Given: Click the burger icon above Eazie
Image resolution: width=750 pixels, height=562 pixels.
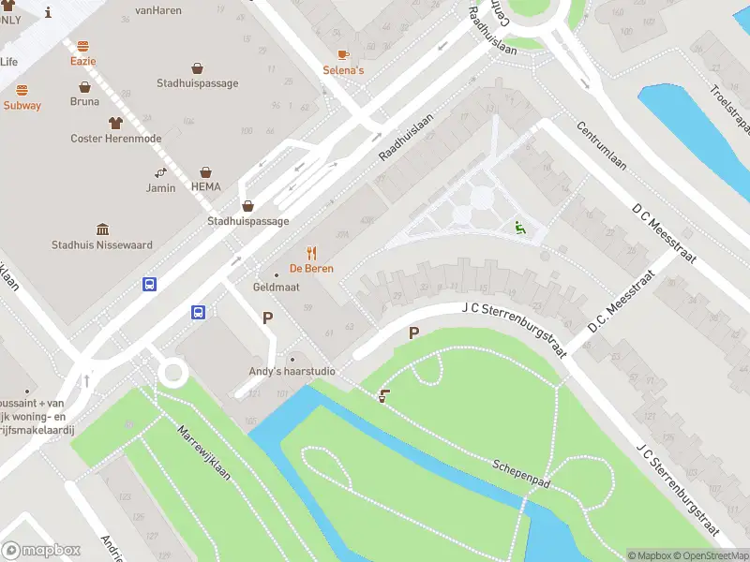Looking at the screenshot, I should [82, 45].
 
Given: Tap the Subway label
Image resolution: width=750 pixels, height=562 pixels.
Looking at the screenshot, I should [22, 106].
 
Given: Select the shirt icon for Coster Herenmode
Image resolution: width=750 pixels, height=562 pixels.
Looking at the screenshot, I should [115, 123].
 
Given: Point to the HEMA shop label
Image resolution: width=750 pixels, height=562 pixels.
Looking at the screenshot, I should [205, 186].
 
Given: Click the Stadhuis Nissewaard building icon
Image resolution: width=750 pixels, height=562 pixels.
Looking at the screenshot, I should [102, 229].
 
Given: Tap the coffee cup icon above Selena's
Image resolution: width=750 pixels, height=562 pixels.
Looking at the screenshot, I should [343, 54].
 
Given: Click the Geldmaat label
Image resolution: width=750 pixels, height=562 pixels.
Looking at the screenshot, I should [277, 287].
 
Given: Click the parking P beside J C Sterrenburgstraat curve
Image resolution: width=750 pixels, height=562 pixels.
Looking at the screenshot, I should [413, 333].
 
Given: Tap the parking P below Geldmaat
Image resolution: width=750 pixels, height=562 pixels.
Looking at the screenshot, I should [267, 318].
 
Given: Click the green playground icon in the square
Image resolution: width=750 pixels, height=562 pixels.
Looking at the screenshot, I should [518, 226].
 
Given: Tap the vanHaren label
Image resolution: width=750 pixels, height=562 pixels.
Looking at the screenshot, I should [157, 10].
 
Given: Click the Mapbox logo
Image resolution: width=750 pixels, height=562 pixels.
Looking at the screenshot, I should [41, 550].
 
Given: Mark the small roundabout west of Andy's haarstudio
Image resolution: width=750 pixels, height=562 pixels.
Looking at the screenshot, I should [172, 373].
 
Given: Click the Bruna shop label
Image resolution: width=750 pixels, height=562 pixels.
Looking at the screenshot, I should [84, 101].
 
